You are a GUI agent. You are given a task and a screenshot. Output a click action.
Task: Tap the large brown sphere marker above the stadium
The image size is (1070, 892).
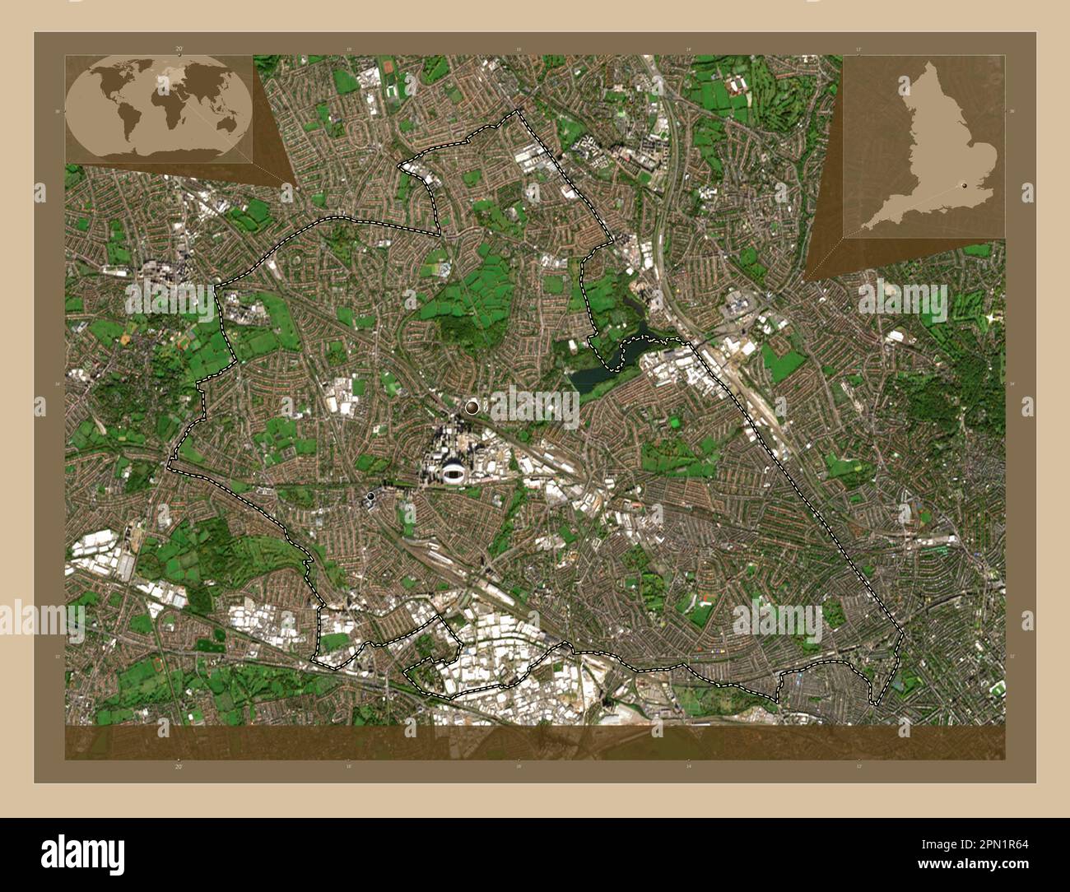pyautogui.click(x=472, y=406)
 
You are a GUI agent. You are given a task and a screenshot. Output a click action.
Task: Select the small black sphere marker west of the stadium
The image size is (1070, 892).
pyautogui.click(x=372, y=496)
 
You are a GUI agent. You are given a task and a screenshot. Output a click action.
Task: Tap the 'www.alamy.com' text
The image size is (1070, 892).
pyautogui.click(x=976, y=865)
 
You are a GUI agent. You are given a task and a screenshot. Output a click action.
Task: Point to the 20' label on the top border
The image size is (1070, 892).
pyautogui.click(x=179, y=49)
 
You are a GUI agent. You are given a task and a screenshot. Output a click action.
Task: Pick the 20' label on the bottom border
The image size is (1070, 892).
pyautogui.click(x=179, y=765)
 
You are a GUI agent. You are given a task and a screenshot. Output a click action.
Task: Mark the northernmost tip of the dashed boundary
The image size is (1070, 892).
pyautogui.click(x=518, y=110)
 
